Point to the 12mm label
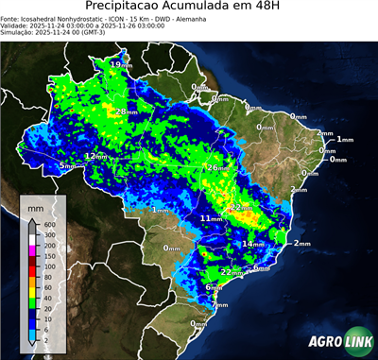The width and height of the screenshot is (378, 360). click(x=95, y=156)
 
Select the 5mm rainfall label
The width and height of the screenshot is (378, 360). click(x=67, y=166)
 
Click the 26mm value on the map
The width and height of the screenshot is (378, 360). click(x=217, y=167)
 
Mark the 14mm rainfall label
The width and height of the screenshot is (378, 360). click(x=252, y=244)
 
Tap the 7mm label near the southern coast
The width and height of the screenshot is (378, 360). click(x=219, y=305)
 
